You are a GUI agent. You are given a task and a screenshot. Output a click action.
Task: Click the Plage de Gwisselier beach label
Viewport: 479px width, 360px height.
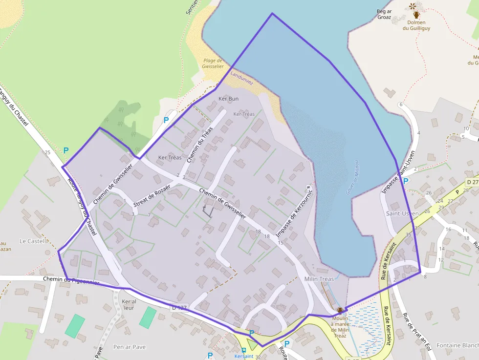[x=213, y=63]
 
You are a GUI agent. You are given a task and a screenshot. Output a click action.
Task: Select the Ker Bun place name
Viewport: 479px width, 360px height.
[x=228, y=99]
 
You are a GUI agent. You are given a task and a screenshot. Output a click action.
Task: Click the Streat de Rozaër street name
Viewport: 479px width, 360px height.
[x=152, y=194]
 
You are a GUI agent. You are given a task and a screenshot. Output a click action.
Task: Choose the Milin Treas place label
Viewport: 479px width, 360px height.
[x=319, y=279]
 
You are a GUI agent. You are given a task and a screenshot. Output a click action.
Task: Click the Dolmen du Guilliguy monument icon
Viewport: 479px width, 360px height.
[x=416, y=15]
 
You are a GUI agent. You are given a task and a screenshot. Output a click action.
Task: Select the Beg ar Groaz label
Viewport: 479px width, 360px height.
[x=384, y=14]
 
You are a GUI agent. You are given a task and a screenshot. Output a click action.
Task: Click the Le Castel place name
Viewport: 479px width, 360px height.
[x=32, y=241]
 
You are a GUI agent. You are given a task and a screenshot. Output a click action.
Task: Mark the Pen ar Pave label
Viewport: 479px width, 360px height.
[x=129, y=347]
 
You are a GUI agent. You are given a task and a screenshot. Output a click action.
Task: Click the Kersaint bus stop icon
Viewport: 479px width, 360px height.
[x=243, y=350]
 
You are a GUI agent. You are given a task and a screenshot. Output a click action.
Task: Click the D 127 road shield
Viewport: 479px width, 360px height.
[x=179, y=308]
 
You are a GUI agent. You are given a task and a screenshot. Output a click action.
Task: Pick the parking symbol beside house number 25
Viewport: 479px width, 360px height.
[x=66, y=151]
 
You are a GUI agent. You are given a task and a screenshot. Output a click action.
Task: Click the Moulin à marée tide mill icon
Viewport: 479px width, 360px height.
[x=340, y=311]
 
